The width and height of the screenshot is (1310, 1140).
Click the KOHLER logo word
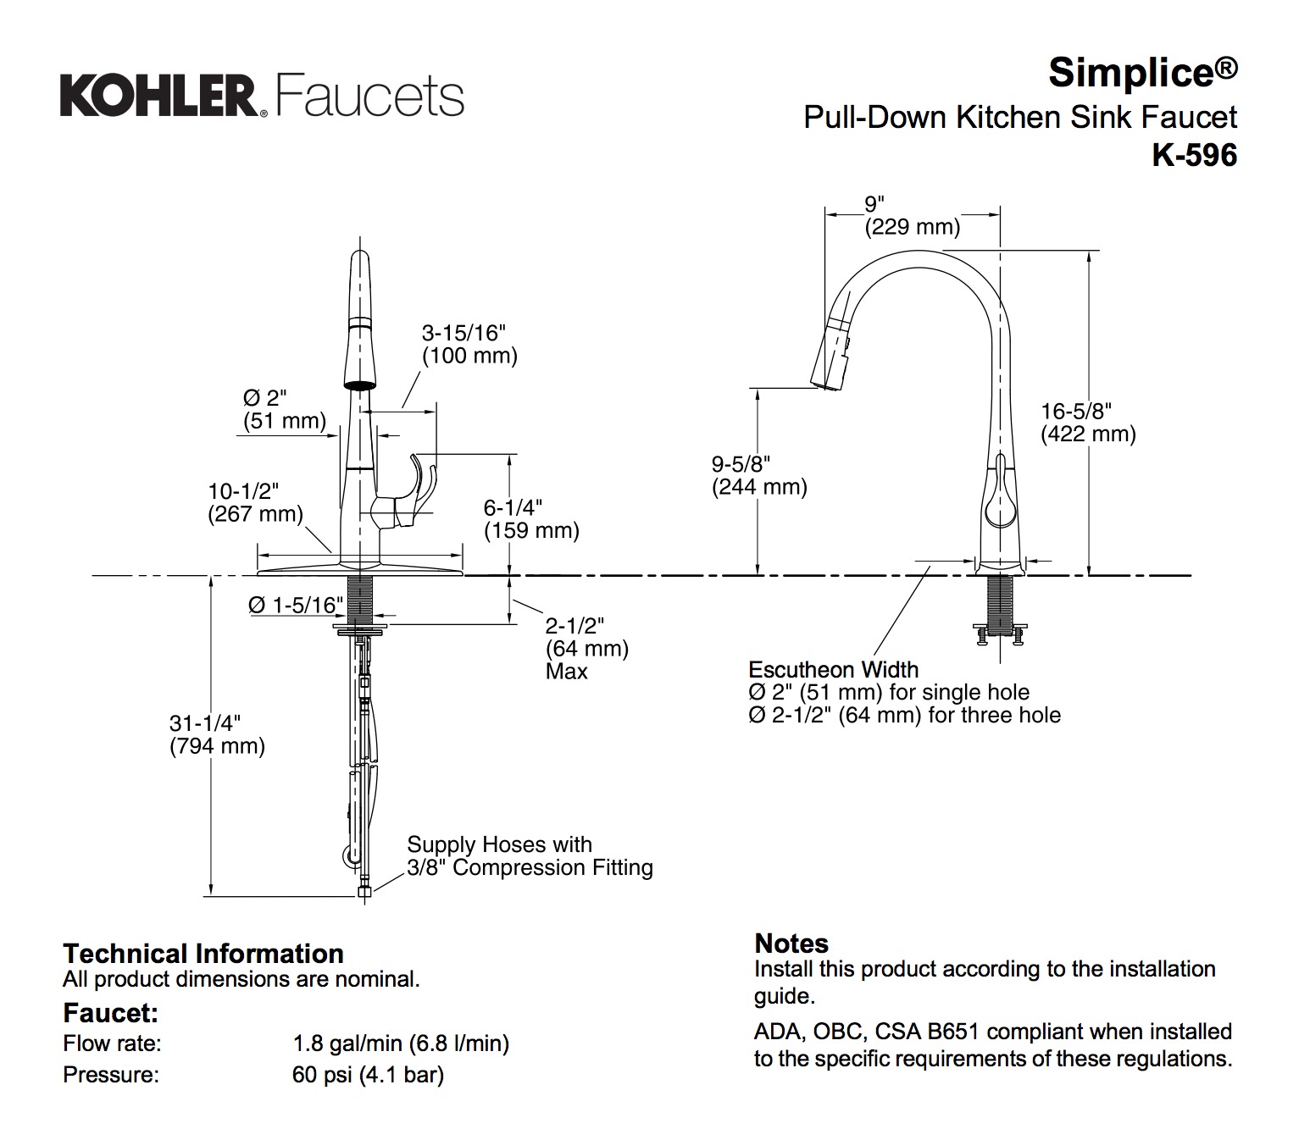point(158,96)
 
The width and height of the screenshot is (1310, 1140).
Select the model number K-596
point(1194,155)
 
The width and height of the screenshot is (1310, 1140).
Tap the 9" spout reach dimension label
point(874,204)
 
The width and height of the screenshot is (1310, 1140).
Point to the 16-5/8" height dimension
point(1075,412)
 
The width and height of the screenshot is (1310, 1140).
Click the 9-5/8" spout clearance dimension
point(741,464)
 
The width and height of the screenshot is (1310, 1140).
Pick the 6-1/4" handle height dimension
point(513,507)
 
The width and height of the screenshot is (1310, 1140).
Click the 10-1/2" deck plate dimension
point(243,491)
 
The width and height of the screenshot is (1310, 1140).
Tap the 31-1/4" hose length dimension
point(204,723)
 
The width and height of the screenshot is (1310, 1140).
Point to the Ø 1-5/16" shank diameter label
point(296,605)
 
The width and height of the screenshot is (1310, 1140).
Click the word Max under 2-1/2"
point(567,672)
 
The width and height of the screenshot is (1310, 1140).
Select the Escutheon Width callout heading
point(833,670)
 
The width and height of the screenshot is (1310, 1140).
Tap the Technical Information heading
point(203,954)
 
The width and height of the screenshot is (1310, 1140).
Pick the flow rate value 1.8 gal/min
point(400,1043)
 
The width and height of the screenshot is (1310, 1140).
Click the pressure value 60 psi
point(368,1075)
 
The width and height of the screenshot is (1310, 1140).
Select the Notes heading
point(791,944)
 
